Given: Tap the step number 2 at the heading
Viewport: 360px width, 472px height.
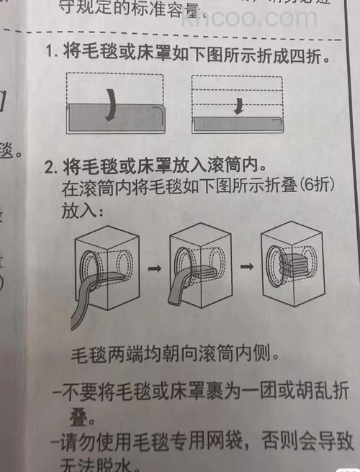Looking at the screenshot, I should point(49,168).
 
